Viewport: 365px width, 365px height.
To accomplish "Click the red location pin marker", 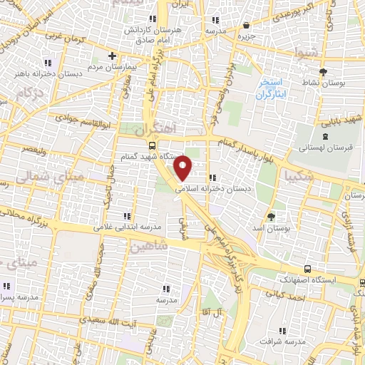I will click(183, 168).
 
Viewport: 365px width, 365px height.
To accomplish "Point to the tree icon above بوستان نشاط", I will click(323, 72).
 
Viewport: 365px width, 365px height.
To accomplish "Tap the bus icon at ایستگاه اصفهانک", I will click(307, 269).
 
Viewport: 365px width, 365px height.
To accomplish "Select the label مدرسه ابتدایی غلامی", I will click(128, 226).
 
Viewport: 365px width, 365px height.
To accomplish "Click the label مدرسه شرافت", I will click(282, 341).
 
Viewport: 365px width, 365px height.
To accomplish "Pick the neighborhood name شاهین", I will click(148, 246).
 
